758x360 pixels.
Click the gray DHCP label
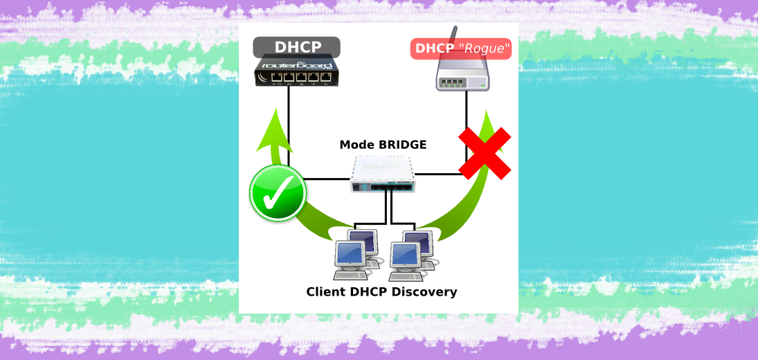click(x=296, y=47)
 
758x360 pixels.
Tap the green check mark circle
click(x=278, y=195)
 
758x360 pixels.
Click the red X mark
click(x=485, y=154)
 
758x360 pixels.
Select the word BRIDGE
click(x=401, y=145)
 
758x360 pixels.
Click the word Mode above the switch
click(x=357, y=145)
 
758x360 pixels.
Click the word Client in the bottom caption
click(x=326, y=291)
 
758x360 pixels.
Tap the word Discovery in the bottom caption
click(x=424, y=291)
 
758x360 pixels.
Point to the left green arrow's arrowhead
click(x=275, y=130)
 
